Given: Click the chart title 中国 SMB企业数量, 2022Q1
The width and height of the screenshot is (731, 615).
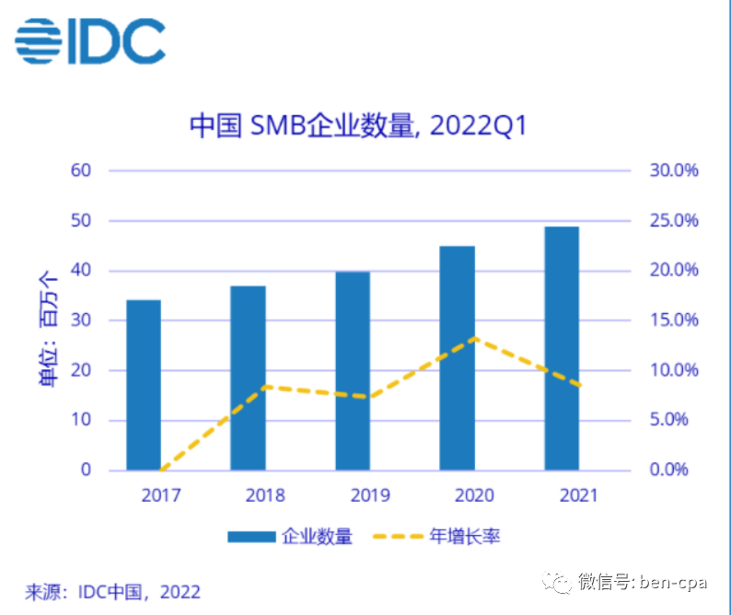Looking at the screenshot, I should coord(358,126).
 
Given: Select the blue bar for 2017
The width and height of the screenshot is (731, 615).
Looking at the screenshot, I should coord(144,385).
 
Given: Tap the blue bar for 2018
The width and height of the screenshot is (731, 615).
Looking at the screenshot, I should coord(248,377).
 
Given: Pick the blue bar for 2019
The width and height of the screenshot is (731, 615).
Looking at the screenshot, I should coord(353,370).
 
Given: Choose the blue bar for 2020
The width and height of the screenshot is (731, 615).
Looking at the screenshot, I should coord(457,357).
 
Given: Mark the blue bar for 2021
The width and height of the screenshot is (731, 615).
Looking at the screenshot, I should coord(562,348).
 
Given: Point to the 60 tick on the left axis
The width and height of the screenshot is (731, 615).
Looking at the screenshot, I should coord(80,170).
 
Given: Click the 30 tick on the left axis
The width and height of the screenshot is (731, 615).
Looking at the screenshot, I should coord(80,320).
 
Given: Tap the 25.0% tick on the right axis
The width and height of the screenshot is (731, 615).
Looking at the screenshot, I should coord(675,221).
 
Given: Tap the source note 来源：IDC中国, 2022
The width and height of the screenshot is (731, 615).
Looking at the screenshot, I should coord(112,591).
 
